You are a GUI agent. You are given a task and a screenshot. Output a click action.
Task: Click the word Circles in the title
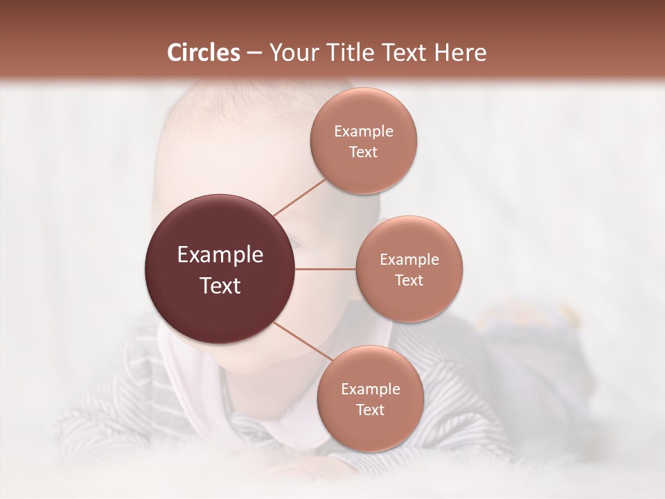[204, 53]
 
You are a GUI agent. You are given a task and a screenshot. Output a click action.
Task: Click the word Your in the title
[291, 53]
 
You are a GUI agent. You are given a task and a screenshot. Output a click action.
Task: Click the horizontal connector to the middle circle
[326, 269]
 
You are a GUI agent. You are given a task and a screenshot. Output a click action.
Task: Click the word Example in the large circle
[220, 255]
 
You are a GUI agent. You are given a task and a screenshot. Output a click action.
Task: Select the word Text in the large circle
[220, 286]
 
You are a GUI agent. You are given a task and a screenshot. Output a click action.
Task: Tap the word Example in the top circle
[364, 132]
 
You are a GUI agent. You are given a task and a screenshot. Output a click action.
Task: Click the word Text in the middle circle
[409, 281]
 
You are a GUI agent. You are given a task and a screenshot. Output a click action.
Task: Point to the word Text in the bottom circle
[370, 410]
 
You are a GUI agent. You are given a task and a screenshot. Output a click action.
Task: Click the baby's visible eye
[294, 244]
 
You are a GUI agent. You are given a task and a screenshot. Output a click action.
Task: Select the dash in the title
[254, 53]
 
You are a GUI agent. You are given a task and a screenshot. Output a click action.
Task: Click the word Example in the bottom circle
[370, 389]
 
